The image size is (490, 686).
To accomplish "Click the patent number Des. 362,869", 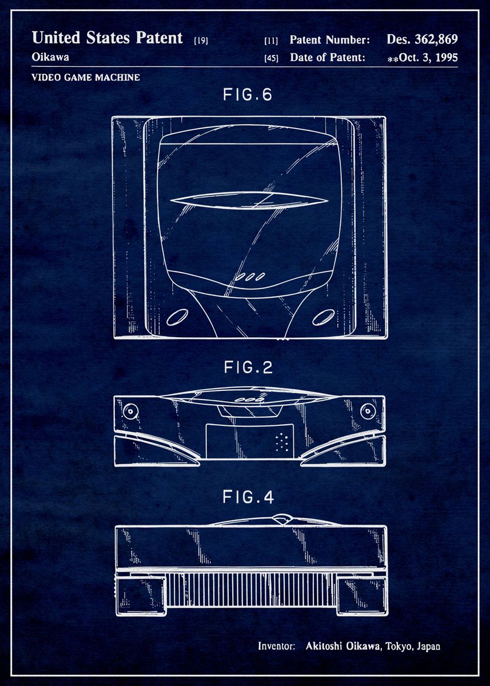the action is pos(422,39).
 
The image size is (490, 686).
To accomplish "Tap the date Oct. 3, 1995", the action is pos(428,58).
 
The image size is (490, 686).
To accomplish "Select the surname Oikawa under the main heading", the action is pos(50,57).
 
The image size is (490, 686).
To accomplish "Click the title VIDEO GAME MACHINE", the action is pos(86,77).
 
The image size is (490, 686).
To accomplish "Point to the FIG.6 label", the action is pos(248,95).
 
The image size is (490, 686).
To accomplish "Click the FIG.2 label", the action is pos(248,367).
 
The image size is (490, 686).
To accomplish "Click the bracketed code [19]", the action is pos(201,41).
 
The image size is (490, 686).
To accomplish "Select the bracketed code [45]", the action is pos(272,58).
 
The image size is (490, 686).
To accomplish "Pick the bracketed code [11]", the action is pos(272,41).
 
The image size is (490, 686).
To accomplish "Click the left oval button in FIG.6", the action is pos(177,317).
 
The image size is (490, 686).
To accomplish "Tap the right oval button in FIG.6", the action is pos(324,317).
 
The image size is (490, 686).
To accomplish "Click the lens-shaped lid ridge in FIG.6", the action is pos(249,201).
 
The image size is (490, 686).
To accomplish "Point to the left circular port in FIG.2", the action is pos(130,411).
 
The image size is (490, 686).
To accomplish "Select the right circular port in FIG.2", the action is pos(367,411).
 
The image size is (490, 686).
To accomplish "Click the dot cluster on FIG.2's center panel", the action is pos(281,442).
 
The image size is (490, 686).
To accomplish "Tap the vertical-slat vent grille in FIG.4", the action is pos(251,589).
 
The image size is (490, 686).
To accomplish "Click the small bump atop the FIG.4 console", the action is pos(282,519).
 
